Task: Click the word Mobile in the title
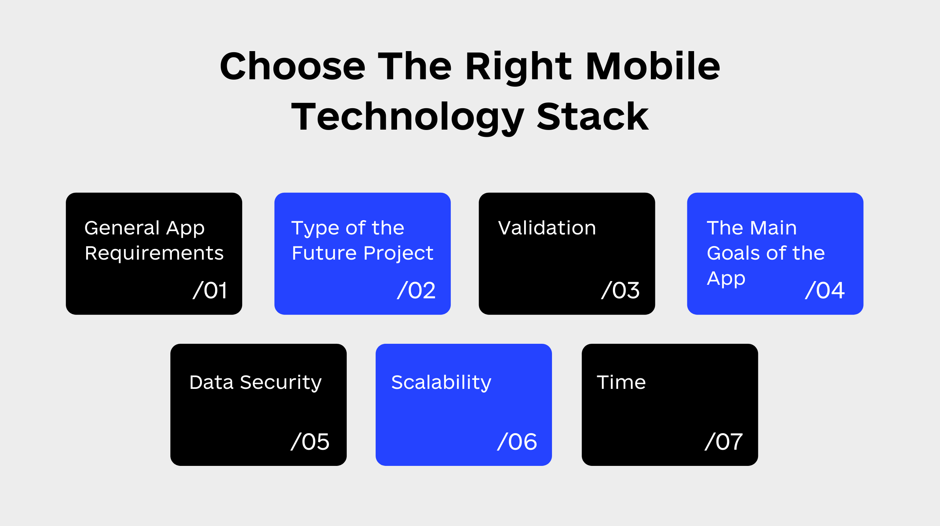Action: coord(653,67)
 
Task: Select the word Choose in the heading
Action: coord(293,67)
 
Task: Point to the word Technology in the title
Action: coord(408,118)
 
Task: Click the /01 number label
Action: coord(210,290)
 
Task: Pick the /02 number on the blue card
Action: coord(416,290)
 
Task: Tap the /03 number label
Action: coord(620,290)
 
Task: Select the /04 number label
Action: coord(825,290)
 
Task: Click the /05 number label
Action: coord(310,441)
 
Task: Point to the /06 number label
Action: coord(517,441)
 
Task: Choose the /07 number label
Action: coord(724,441)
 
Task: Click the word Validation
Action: coord(547,228)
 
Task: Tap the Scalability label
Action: coord(441,383)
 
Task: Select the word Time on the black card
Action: coord(621,382)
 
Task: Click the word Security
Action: coord(286,383)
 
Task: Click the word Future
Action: coord(324,253)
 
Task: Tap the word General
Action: coord(122,228)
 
